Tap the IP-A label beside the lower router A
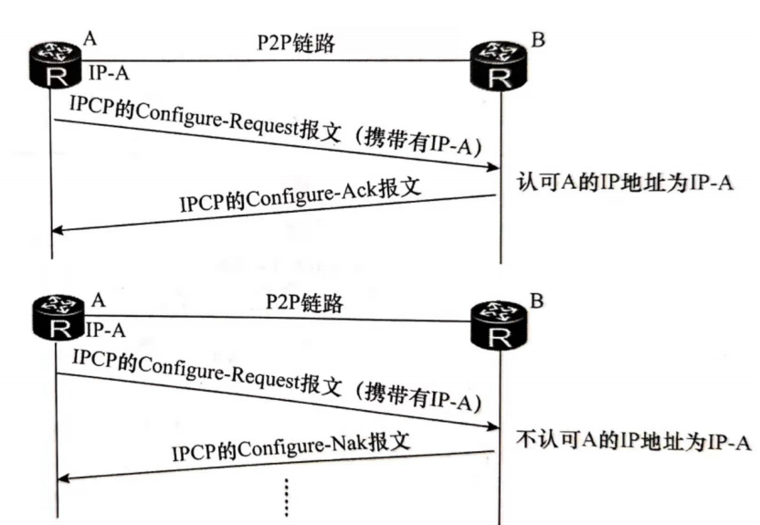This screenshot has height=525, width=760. (106, 329)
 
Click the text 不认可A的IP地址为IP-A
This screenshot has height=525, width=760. (633, 441)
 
